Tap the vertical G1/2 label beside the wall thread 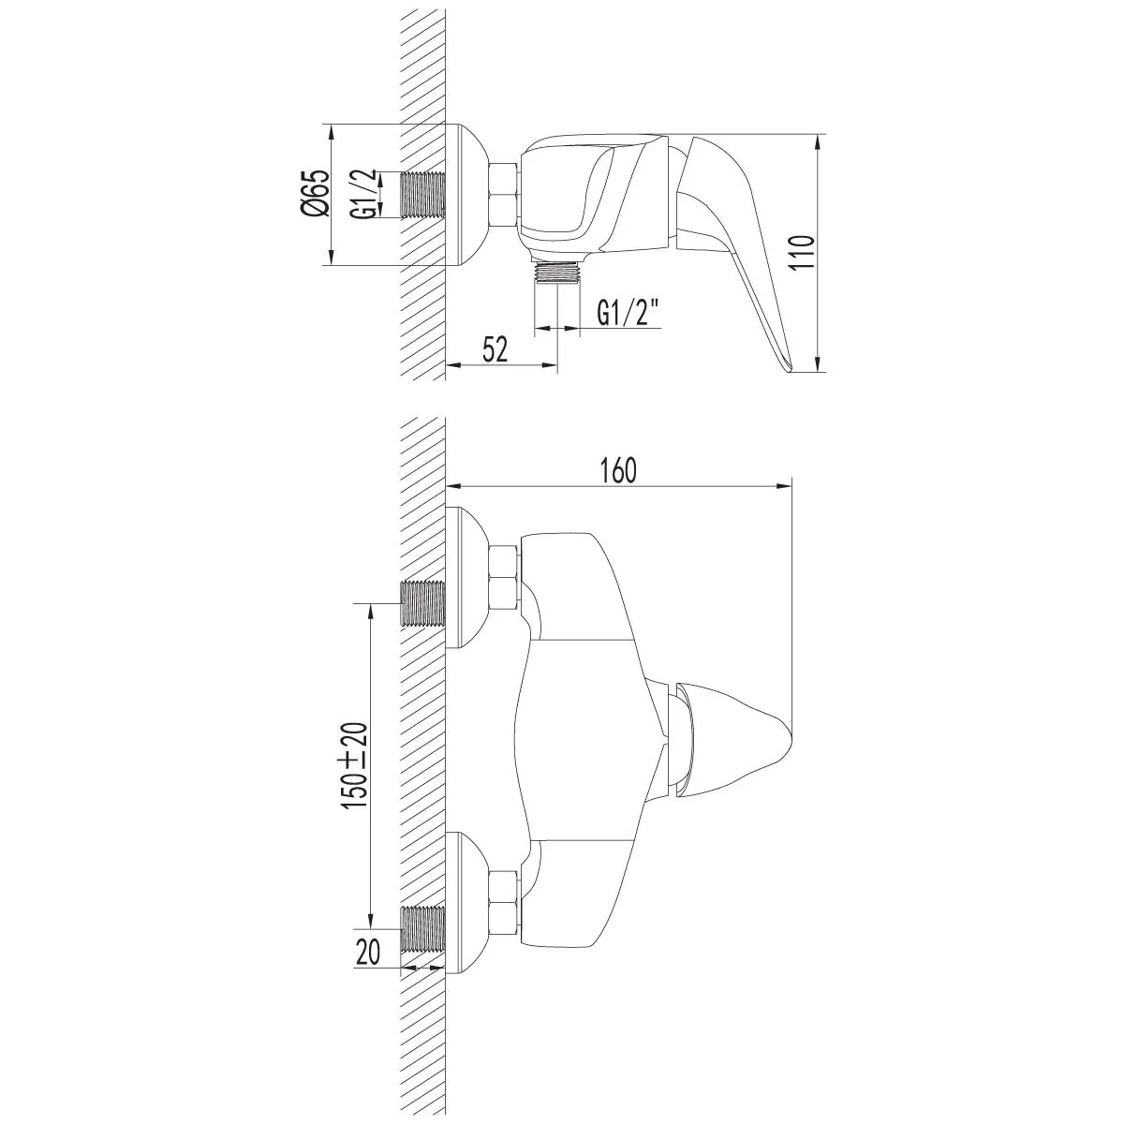coord(361,194)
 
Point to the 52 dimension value coord(495,349)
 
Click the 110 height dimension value coord(802,251)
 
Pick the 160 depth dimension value coord(619,471)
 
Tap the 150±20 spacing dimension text coord(355,765)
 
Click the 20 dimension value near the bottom coord(367,953)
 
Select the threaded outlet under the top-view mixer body coord(558,274)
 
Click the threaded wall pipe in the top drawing coord(422,195)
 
